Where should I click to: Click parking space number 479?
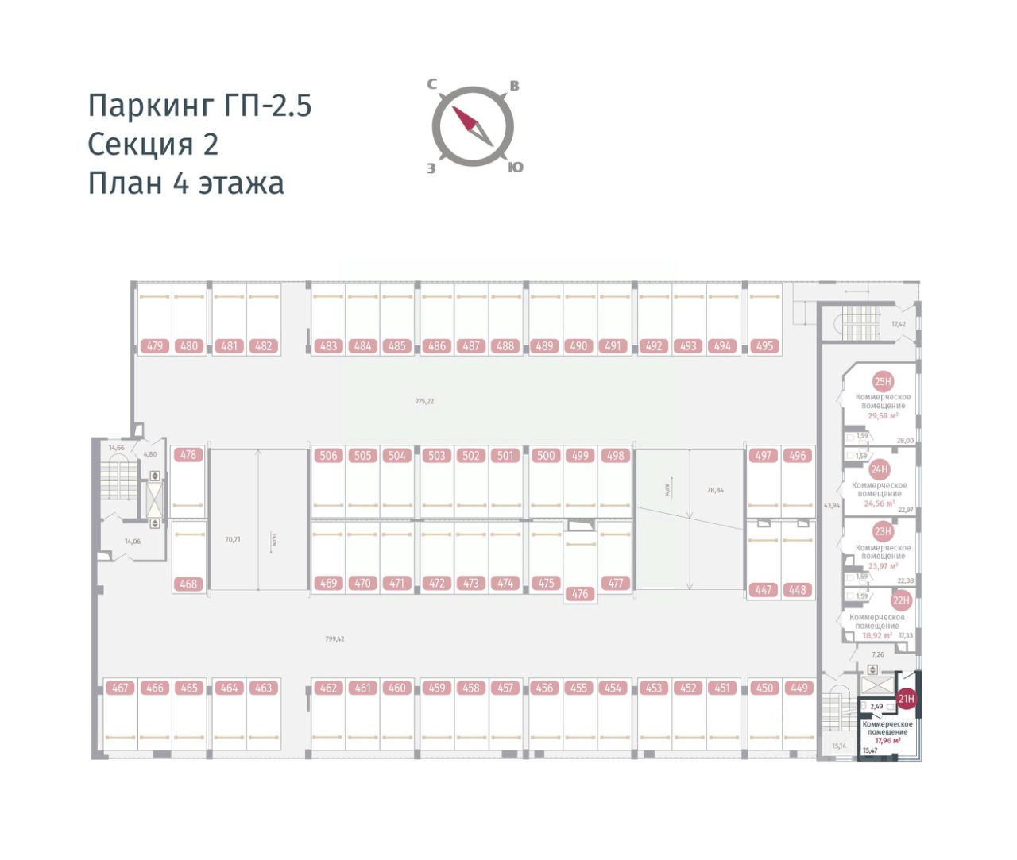155,346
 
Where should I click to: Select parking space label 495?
764,346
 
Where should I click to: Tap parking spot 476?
580,594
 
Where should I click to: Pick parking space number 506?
328,456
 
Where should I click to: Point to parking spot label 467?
120,688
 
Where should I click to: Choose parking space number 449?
799,688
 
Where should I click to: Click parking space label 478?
188,455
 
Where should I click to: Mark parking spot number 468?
188,584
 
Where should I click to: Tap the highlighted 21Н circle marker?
906,700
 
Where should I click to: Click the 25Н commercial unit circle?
883,382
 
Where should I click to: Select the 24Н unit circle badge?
879,470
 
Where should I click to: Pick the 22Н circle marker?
900,601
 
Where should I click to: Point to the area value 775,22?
424,401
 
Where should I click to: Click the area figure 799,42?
334,638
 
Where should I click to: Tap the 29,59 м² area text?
883,415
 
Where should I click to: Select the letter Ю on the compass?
516,167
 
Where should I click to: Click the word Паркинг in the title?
150,106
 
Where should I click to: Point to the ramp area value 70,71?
232,539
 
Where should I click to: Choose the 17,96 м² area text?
887,740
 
